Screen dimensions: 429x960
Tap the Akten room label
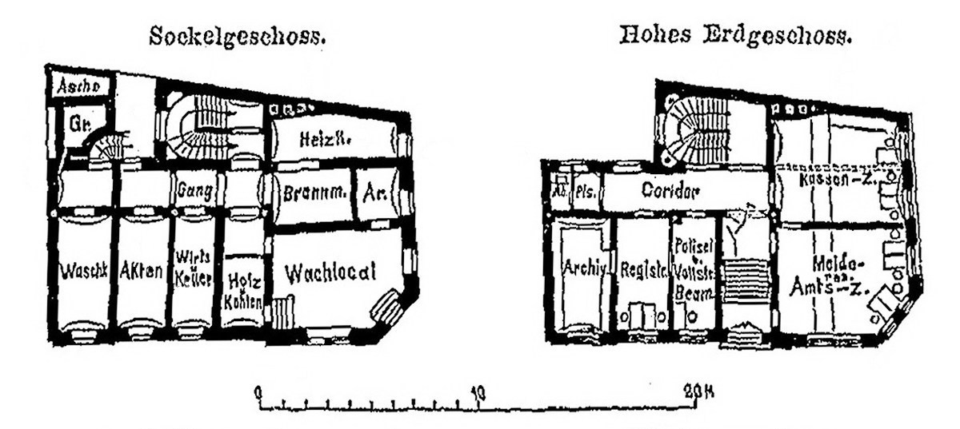(x=143, y=272)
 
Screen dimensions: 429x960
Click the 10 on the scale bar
(x=478, y=392)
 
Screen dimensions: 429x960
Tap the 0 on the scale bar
(x=258, y=392)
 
